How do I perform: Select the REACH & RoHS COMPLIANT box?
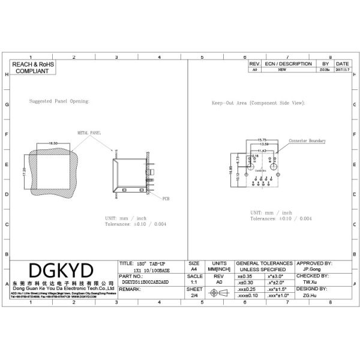(x=34, y=67)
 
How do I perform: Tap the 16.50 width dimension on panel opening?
(x=53, y=143)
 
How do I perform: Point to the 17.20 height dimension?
(x=25, y=172)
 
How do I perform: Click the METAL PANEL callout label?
(x=89, y=132)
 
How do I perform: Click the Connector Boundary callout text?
(x=307, y=141)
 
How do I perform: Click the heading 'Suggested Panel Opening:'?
(x=59, y=101)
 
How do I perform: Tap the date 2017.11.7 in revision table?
(x=343, y=70)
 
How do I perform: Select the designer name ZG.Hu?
(x=310, y=296)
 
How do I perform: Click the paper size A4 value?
(x=194, y=269)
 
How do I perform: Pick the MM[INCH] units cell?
(x=219, y=269)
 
